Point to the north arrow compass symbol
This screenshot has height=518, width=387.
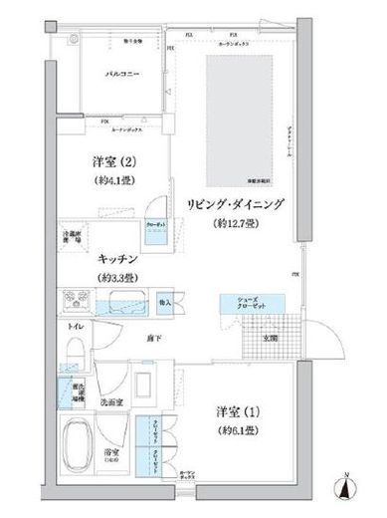coord(344,487)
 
